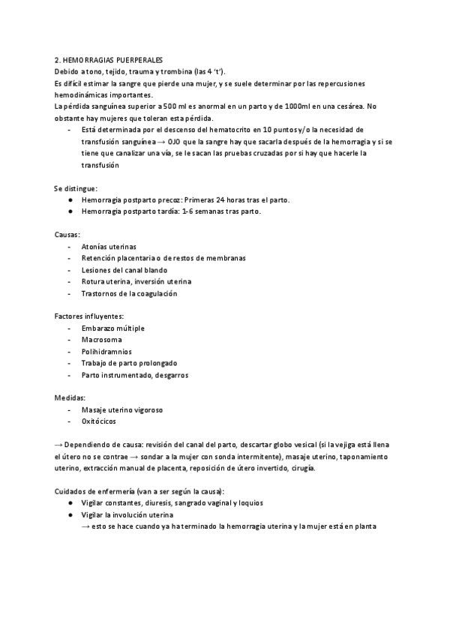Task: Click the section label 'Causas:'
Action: (x=68, y=235)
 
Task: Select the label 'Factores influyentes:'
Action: (x=89, y=316)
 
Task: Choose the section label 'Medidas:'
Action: (x=70, y=398)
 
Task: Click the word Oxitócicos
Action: (x=101, y=421)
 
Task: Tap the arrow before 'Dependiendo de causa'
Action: (x=58, y=445)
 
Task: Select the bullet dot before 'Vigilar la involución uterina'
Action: (x=70, y=514)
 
